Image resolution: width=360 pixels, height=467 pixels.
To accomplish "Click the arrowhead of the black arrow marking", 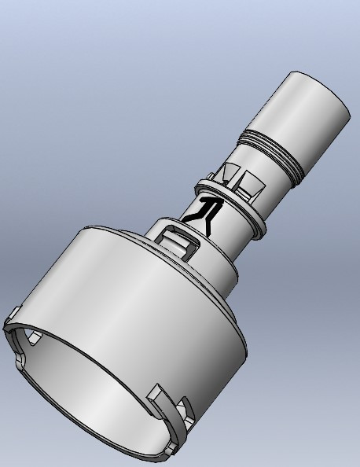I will (x=211, y=203).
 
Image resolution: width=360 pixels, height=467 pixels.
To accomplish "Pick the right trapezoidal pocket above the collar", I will (x=252, y=186).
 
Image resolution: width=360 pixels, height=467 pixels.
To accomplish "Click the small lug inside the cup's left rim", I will (x=34, y=338).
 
